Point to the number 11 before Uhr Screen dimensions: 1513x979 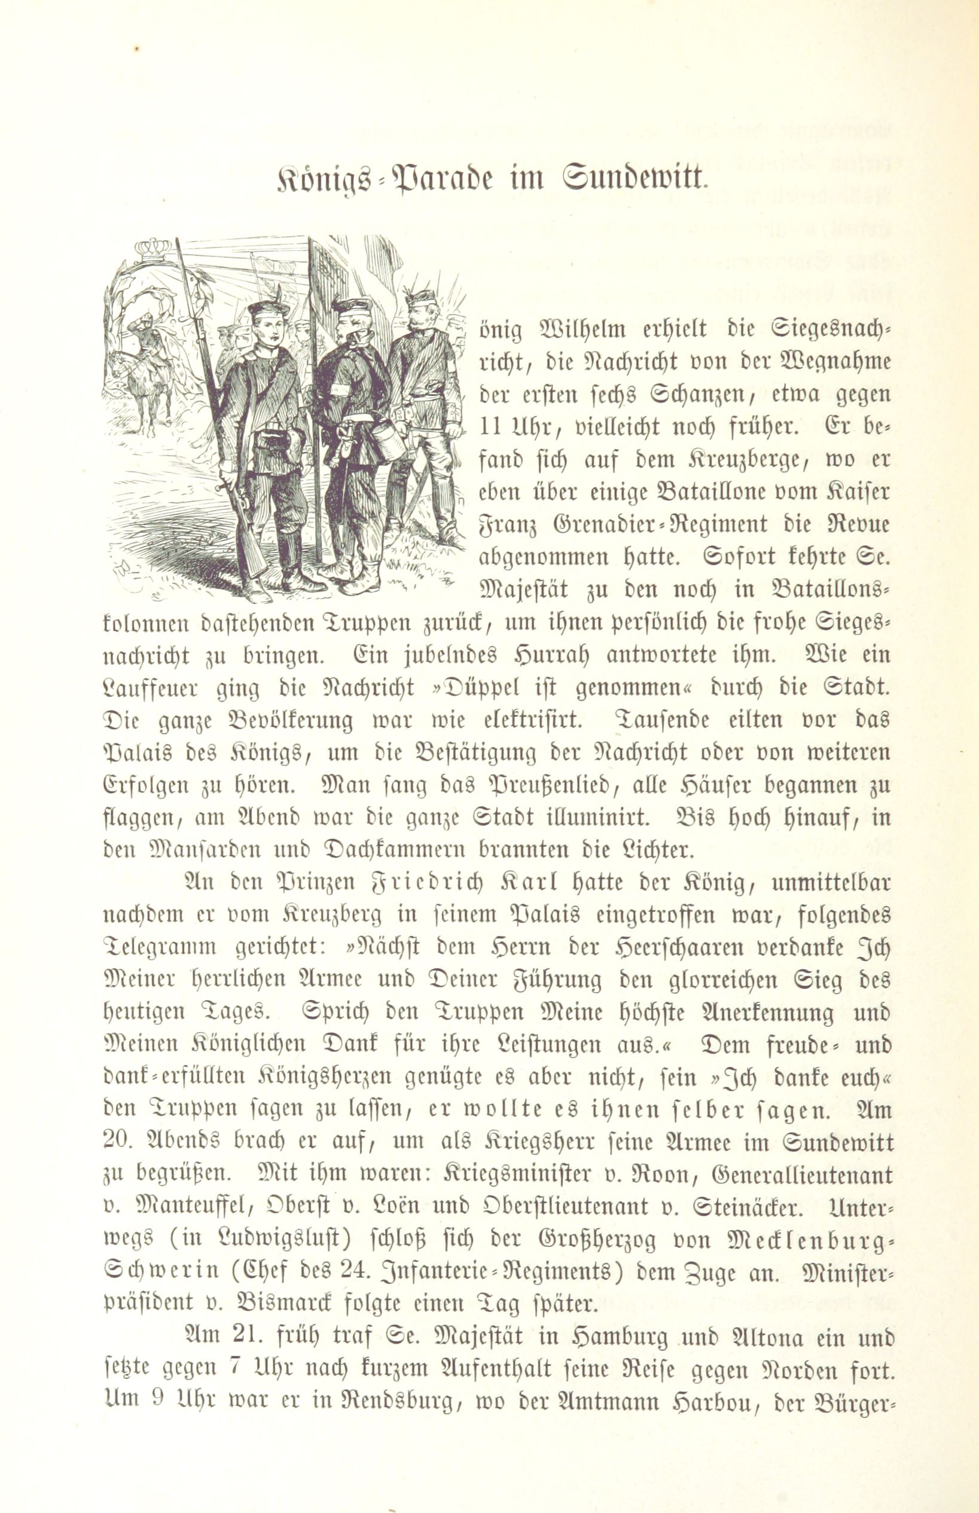tap(490, 427)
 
